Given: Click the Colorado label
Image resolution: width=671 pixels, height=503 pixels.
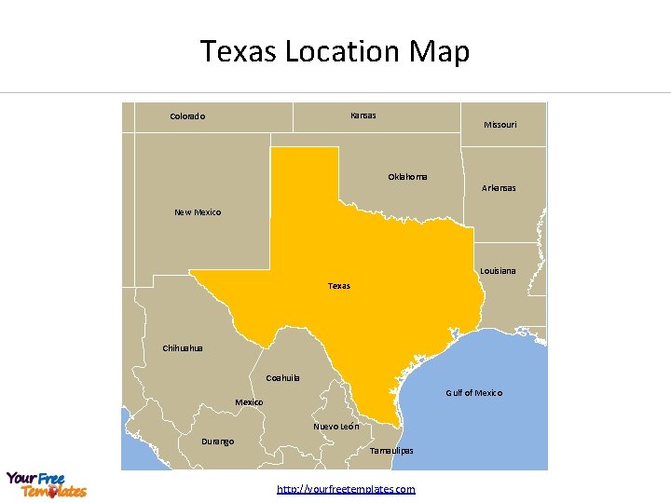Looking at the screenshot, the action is [x=187, y=116].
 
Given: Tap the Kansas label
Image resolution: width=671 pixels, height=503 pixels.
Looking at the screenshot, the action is [x=363, y=116].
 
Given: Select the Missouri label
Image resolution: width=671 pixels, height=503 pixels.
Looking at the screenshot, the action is [x=500, y=125].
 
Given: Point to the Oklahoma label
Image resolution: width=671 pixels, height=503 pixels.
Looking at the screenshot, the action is [x=407, y=177].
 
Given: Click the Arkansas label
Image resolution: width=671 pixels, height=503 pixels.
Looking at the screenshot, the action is [x=498, y=188].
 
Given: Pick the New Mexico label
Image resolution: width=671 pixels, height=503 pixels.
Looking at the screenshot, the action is [x=198, y=212].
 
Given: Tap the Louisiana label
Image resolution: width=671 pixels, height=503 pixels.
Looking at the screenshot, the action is [x=498, y=271].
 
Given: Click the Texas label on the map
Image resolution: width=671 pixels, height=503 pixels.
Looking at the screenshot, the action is [x=339, y=286].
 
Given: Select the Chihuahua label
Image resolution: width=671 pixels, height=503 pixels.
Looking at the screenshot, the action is [x=183, y=348].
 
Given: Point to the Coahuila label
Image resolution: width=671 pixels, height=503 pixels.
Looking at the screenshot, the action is [x=282, y=378].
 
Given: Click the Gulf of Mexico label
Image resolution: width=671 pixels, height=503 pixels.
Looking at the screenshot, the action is [x=473, y=393].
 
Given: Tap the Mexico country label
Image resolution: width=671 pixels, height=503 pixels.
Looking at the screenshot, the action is [x=249, y=402].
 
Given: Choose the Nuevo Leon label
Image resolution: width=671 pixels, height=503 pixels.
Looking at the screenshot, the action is [x=335, y=427].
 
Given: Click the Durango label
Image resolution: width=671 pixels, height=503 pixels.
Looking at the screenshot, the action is [x=217, y=442].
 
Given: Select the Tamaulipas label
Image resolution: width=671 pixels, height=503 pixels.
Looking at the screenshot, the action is [x=391, y=451].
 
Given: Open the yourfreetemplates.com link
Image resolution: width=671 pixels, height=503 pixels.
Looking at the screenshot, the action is [x=347, y=489].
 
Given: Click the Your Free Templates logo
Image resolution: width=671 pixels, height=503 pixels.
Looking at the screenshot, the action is [x=47, y=484].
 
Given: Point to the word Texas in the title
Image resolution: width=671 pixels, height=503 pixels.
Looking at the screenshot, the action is [x=239, y=51].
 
